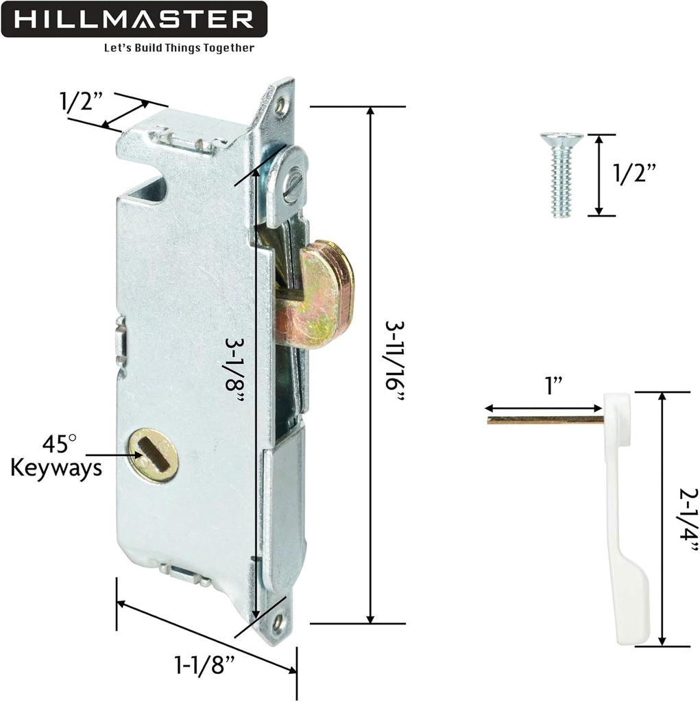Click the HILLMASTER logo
(134, 19)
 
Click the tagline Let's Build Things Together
(178, 49)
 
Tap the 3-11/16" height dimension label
(396, 363)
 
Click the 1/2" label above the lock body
(80, 102)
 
